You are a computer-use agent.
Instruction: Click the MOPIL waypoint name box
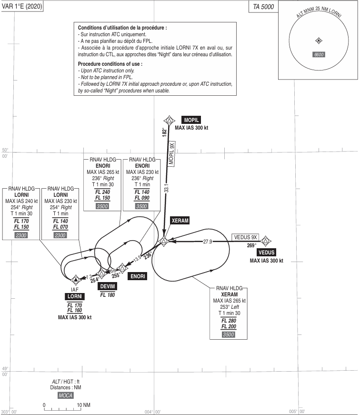point(191,120)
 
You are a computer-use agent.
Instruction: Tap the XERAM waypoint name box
point(180,221)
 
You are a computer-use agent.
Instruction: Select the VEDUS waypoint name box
point(266,253)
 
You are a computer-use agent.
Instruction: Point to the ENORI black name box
point(138,276)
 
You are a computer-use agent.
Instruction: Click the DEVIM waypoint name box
point(108,286)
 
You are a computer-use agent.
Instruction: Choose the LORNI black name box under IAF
point(75,297)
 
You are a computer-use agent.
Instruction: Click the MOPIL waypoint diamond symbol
point(169,121)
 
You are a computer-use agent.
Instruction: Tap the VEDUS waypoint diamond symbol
point(265,241)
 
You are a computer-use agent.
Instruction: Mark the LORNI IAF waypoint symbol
point(76,280)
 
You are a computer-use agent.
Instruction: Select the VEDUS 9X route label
point(245,237)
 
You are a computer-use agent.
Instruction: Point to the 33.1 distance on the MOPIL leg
point(166,188)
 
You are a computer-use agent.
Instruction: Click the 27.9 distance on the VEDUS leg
point(207,242)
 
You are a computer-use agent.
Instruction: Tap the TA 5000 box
point(263,7)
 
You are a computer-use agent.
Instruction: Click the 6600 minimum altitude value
point(319,54)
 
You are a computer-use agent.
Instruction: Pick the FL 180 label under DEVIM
point(108,295)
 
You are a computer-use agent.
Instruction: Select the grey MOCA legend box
point(65,395)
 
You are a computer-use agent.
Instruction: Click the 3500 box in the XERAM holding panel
point(229,334)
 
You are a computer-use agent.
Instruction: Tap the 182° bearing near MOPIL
point(165,132)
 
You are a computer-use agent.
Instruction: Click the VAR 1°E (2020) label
point(22,6)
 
